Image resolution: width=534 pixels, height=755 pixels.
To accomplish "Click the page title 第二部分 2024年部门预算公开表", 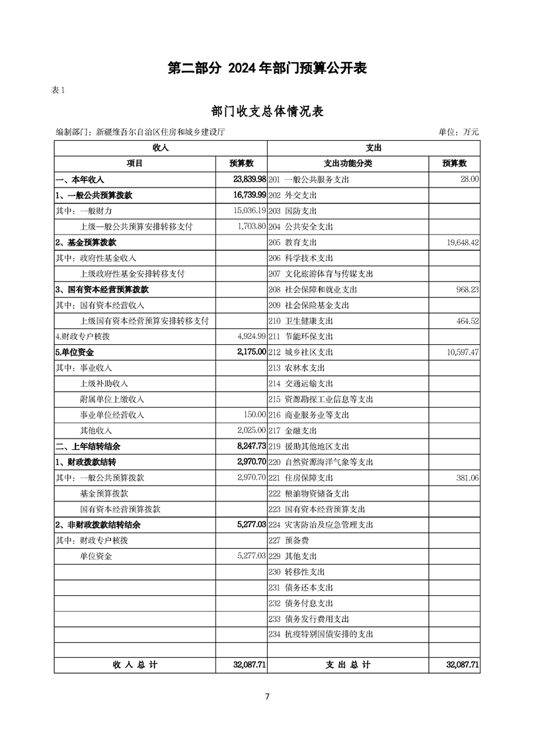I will pyautogui.click(x=267, y=68).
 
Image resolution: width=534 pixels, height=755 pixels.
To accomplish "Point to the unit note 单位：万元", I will pyautogui.click(x=459, y=132).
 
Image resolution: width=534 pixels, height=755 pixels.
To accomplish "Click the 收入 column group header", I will pyautogui.click(x=161, y=148).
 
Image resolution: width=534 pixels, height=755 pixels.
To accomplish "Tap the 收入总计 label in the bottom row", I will pyautogui.click(x=135, y=665).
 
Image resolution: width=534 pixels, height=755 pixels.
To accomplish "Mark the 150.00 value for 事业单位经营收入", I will pyautogui.click(x=254, y=415).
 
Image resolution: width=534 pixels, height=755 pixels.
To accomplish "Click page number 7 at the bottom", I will pyautogui.click(x=267, y=696).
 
